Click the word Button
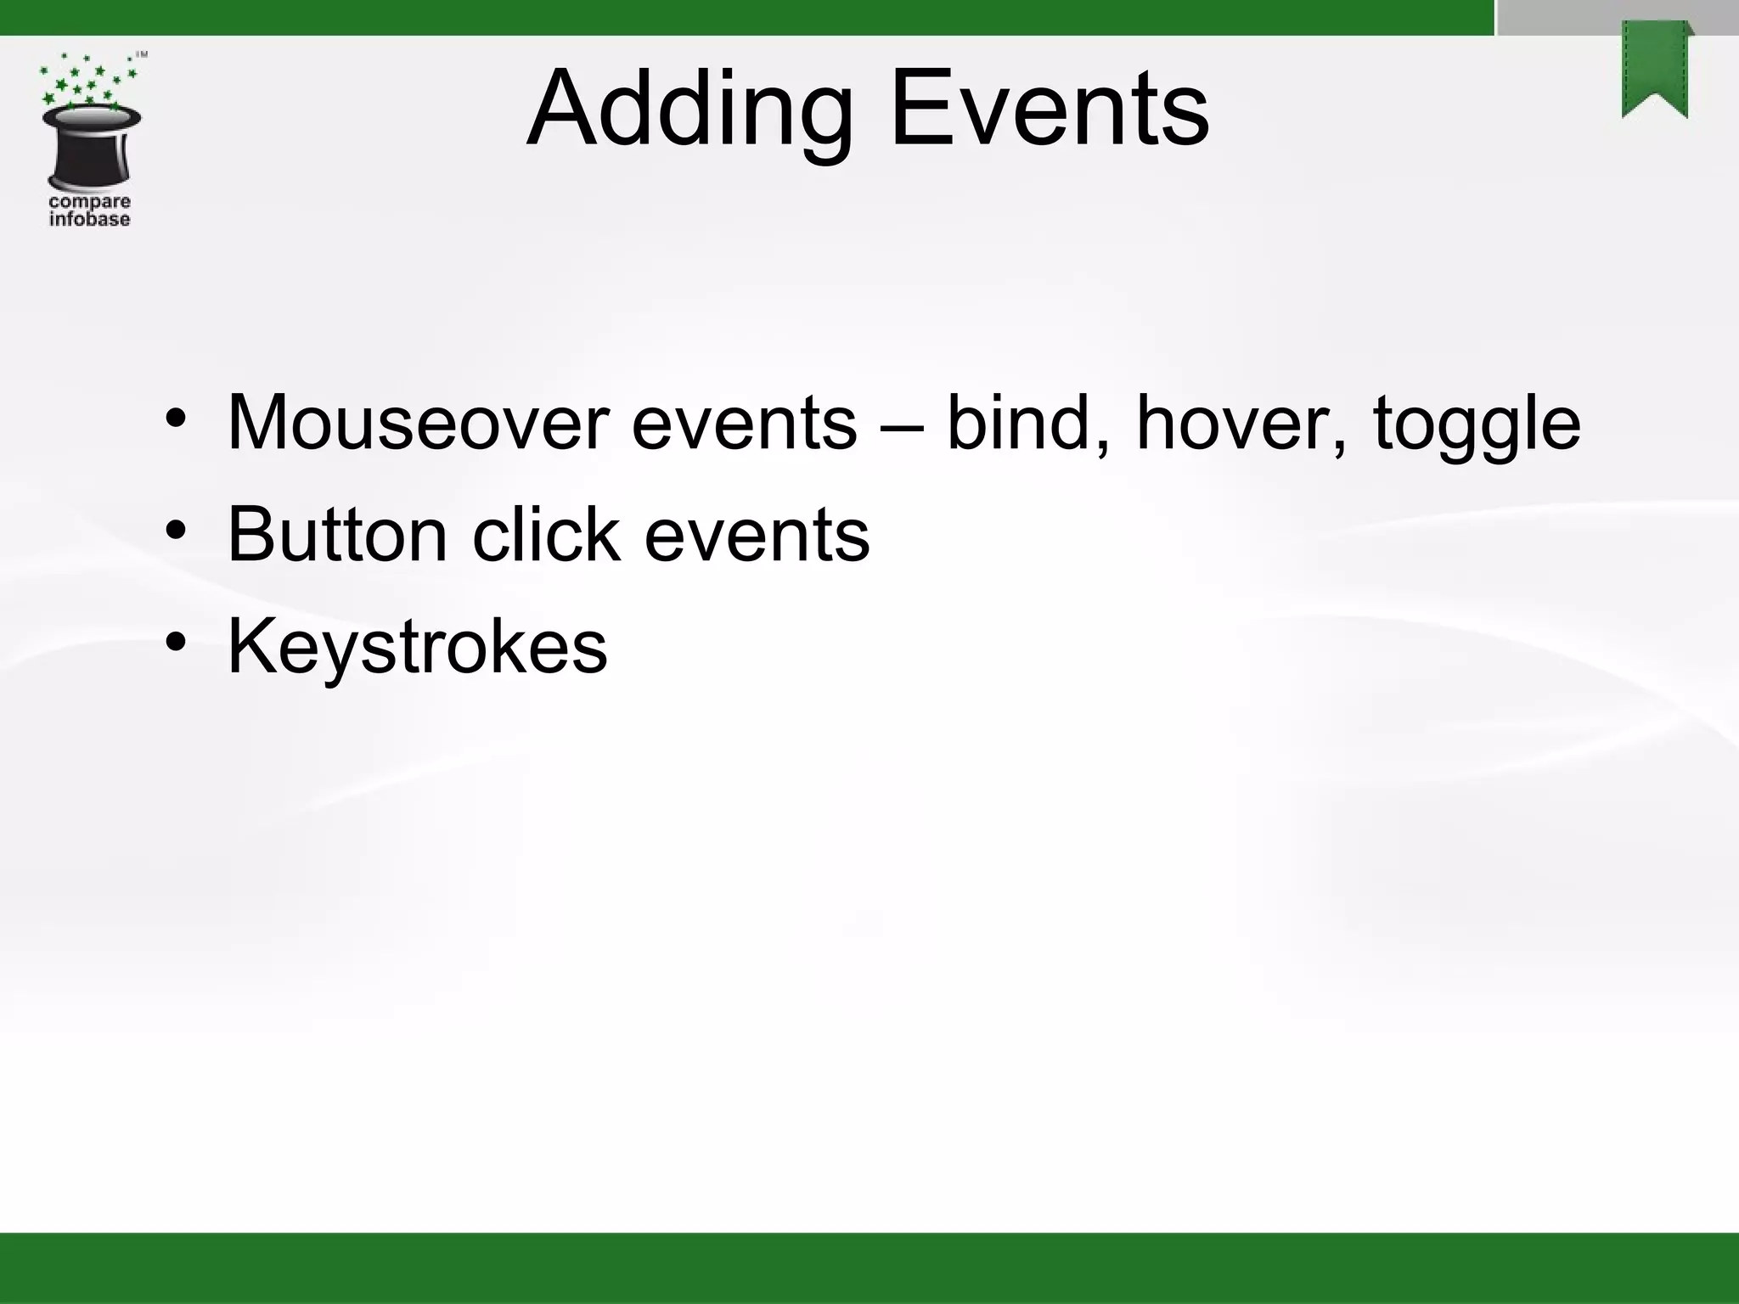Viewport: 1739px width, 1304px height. (x=337, y=535)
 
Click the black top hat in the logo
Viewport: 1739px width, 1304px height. (x=91, y=148)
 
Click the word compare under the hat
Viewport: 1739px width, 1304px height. (x=90, y=202)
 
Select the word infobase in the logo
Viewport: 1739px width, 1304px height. (x=90, y=220)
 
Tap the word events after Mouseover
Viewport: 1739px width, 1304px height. (x=744, y=424)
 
